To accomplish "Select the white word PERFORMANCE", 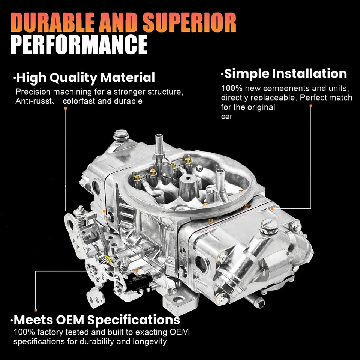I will (x=79, y=45).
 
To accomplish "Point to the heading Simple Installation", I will (x=285, y=73).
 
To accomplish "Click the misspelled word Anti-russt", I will (x=34, y=101).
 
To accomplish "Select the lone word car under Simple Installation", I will (x=226, y=116).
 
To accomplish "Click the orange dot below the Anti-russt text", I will (x=66, y=108).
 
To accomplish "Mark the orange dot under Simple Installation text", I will (x=311, y=106).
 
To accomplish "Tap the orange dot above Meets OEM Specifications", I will (x=35, y=310).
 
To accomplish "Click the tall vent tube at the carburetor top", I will (x=159, y=144).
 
